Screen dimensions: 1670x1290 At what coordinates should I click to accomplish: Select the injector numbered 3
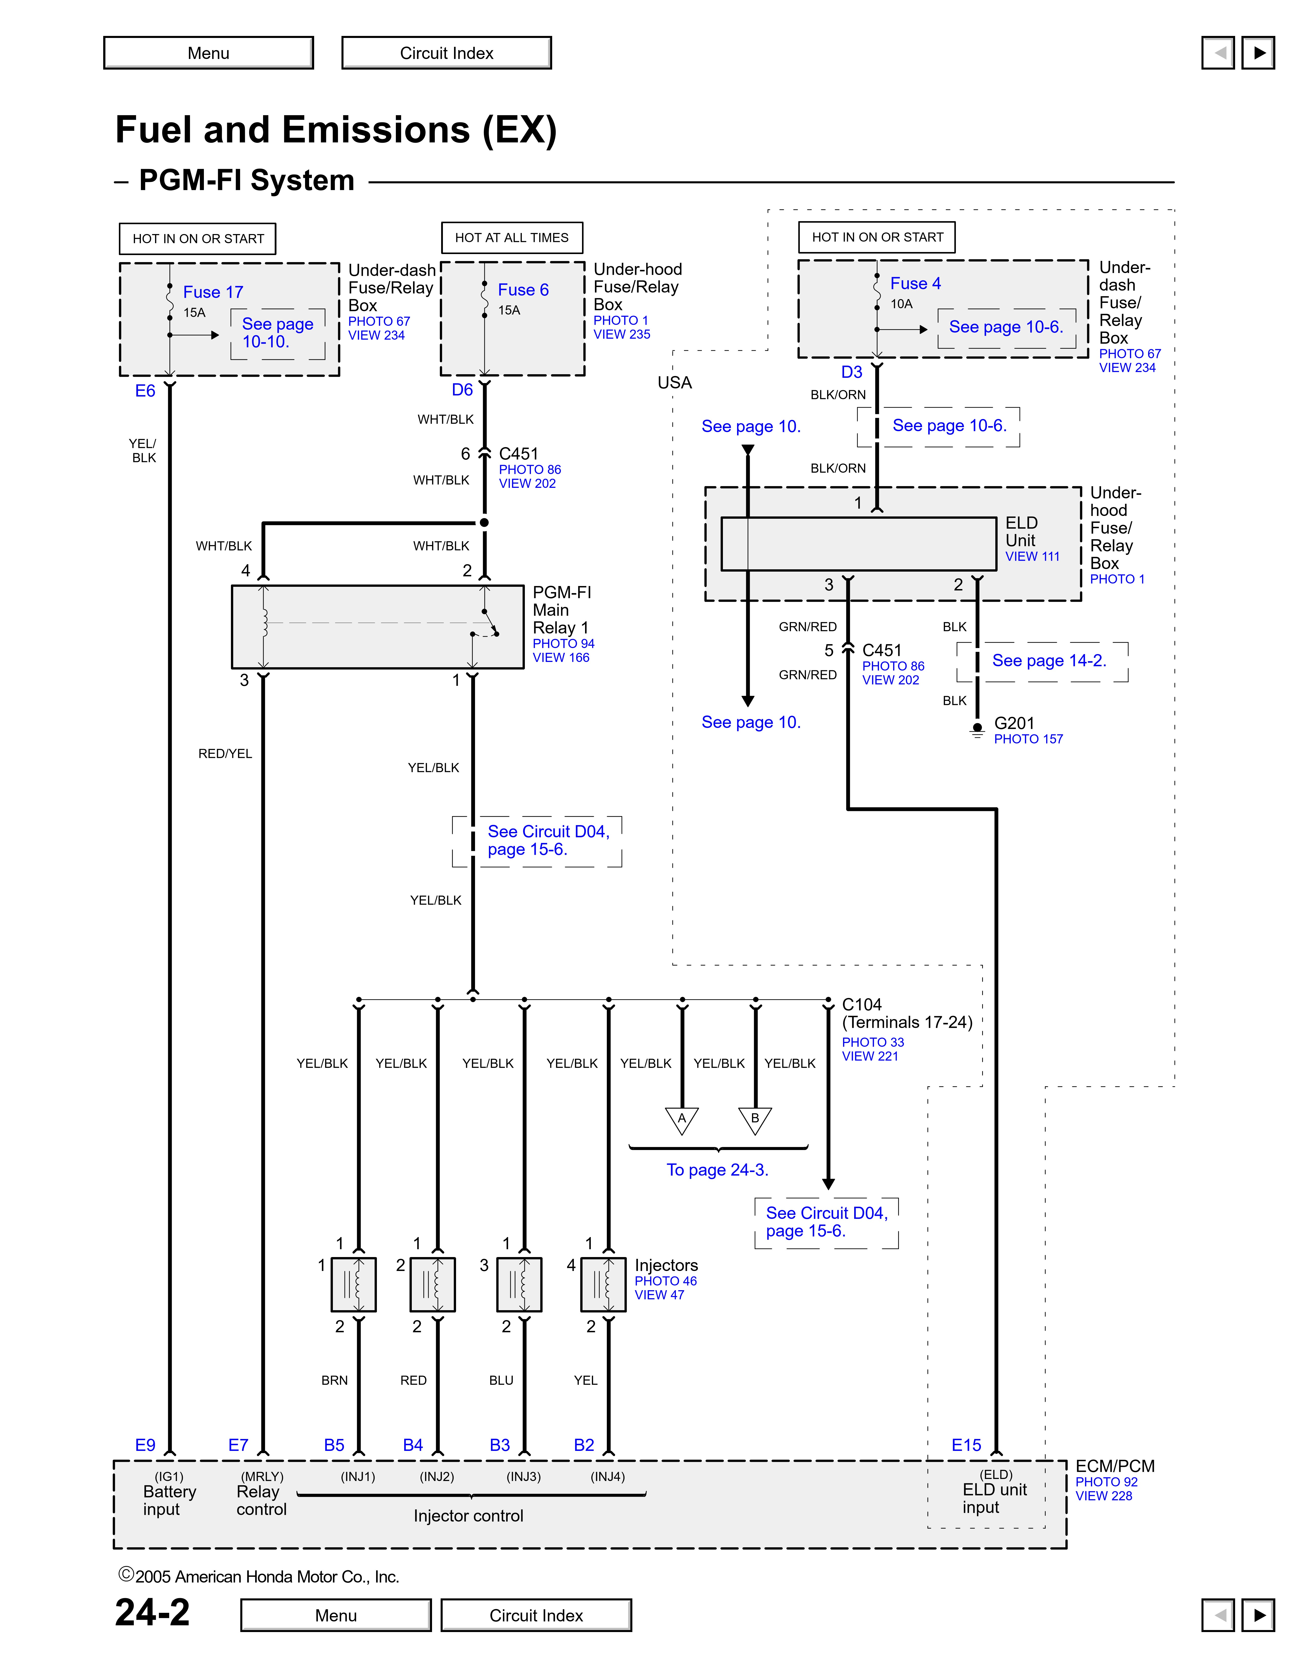[x=520, y=1285]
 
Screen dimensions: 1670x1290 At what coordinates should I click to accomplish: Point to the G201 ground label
[x=1014, y=723]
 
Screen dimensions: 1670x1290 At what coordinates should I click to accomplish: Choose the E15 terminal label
[x=966, y=1445]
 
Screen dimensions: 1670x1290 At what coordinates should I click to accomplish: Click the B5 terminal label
[x=334, y=1445]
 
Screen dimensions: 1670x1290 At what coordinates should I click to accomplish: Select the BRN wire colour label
[x=334, y=1380]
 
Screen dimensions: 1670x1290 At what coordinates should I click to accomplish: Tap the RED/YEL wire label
[x=225, y=754]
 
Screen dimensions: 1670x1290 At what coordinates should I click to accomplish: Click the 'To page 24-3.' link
[x=717, y=1170]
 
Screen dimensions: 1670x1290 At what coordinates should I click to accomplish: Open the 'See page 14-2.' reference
[x=1048, y=661]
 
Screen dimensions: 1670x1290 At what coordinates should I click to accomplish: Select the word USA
[x=674, y=383]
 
